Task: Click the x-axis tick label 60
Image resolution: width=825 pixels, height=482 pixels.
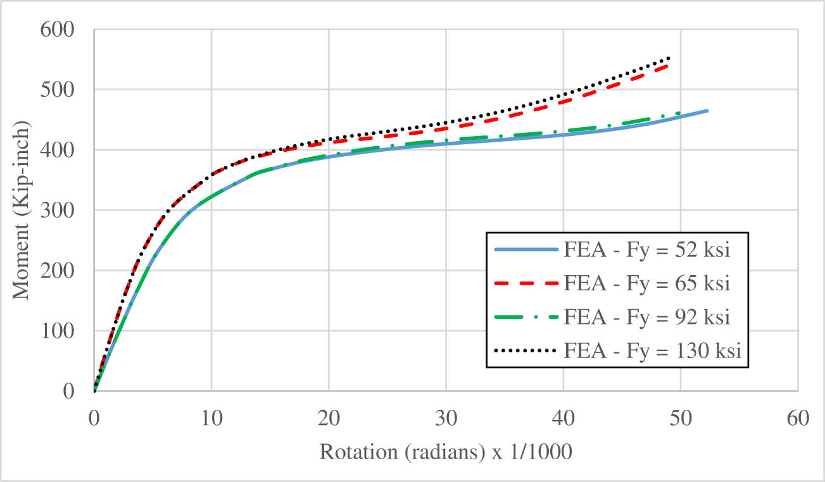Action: tap(797, 417)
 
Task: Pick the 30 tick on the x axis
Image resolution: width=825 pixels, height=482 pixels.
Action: tap(446, 417)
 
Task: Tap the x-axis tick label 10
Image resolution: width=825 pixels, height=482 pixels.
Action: tap(211, 417)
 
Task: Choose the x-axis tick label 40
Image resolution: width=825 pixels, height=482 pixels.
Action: tap(563, 417)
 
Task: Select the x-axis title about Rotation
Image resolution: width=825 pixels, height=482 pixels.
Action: tap(446, 452)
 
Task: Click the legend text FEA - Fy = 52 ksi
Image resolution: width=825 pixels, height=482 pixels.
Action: tap(646, 249)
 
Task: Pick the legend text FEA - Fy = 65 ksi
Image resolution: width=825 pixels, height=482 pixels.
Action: tap(646, 283)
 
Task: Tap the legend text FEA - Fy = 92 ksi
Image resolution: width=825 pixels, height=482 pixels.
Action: tap(646, 316)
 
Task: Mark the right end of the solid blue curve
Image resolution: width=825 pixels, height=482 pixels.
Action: tap(707, 111)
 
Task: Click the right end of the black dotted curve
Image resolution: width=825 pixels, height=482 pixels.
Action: tap(669, 58)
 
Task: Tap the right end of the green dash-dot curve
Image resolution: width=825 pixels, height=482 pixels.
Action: tap(680, 113)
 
